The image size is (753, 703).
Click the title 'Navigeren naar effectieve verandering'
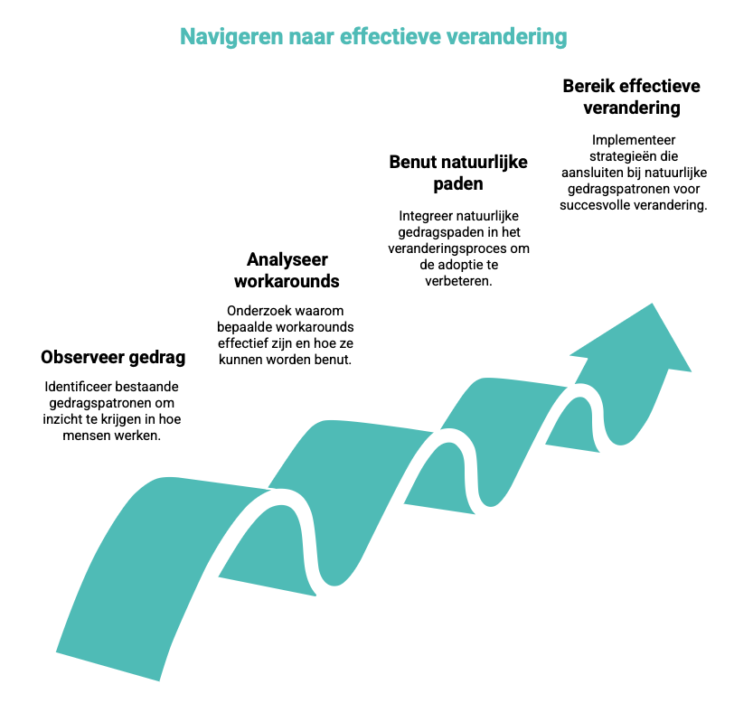[373, 36]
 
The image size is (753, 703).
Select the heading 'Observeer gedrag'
[113, 357]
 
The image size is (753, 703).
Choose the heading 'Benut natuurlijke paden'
[457, 173]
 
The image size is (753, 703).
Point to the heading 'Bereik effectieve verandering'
[631, 97]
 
